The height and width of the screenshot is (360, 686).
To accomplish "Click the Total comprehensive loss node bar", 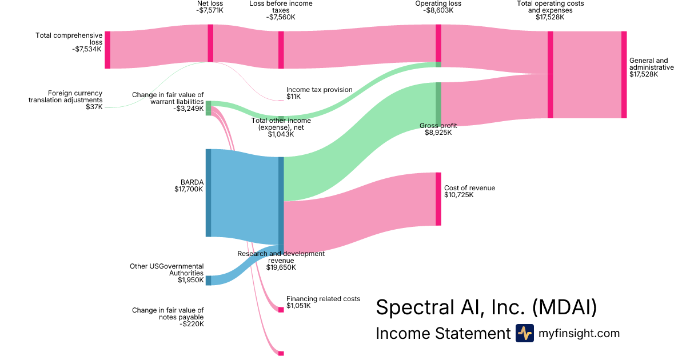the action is pos(107,50).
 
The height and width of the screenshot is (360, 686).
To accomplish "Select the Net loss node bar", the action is pos(210,43).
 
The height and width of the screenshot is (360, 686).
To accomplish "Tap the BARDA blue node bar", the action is pos(208,193).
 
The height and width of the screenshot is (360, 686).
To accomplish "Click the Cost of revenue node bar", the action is pos(438,198).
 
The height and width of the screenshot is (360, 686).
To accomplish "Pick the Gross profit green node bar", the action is pos(438,103).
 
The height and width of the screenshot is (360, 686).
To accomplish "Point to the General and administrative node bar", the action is pos(624,75).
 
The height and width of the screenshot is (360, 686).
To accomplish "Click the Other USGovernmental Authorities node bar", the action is pos(208,280).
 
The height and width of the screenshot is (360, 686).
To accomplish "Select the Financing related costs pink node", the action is pos(281,309).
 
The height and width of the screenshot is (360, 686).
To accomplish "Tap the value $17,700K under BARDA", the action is pos(189,189).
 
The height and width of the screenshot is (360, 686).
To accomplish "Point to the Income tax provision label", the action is pos(320,90).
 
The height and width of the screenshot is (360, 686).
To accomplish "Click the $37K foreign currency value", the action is pos(94,107).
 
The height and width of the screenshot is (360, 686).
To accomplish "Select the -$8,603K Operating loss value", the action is pos(438,10).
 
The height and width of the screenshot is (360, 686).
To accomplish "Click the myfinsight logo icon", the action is pos(524,333).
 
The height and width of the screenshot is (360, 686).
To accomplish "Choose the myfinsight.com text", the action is pos(579,333).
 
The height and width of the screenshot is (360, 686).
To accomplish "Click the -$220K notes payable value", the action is pos(192,324).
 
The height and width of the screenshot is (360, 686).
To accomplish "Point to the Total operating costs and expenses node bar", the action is pos(550,75).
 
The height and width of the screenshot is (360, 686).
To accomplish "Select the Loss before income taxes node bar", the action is pos(281,50).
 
